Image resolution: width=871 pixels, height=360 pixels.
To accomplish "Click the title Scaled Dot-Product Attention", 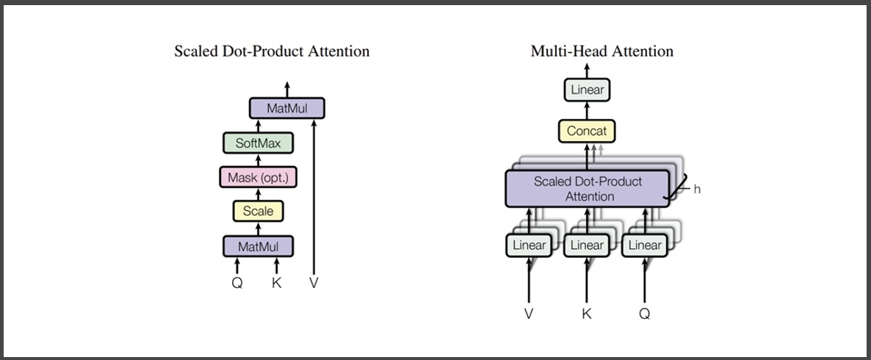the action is click(x=272, y=51).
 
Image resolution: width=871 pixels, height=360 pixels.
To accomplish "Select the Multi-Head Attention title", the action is click(x=601, y=51).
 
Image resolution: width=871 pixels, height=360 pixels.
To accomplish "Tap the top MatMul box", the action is click(x=286, y=108).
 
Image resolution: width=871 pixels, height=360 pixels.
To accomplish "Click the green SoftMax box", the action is click(x=258, y=143).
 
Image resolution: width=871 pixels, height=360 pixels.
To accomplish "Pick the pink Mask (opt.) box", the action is click(x=258, y=177).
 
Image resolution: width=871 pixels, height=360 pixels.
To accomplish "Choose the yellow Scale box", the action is click(x=258, y=211).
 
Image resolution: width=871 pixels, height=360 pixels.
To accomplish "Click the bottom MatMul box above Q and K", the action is click(x=258, y=245).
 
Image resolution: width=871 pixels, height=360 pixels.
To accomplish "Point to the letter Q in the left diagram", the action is click(x=237, y=283).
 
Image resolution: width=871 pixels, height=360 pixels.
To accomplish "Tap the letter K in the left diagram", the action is click(x=277, y=283).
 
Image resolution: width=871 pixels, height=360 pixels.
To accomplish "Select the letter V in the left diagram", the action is click(x=314, y=283).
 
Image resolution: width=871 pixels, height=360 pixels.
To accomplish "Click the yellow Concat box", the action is click(x=587, y=131).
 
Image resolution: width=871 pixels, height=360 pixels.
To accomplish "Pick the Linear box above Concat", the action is click(x=587, y=90).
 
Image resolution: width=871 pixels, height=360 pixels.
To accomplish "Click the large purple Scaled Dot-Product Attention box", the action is click(x=587, y=189).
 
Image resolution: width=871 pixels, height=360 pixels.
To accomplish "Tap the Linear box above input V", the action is click(x=528, y=245).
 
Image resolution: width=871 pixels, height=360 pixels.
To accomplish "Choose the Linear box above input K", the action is click(x=587, y=245).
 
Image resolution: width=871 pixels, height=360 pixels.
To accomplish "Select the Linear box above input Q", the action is click(x=644, y=245).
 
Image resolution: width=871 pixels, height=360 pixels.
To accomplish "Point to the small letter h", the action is click(x=697, y=190).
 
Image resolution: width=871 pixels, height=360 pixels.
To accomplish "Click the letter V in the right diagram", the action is click(x=528, y=314).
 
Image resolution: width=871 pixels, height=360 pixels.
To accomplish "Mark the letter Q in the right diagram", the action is click(x=644, y=314).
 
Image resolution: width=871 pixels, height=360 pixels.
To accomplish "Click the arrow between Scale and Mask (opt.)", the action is click(x=258, y=195).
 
